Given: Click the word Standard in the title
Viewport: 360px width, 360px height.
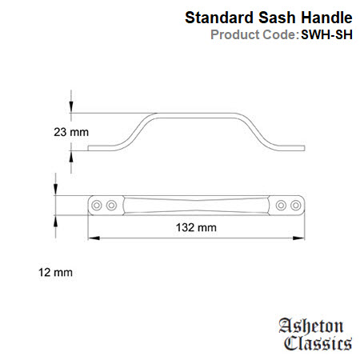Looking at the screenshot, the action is click(219, 18).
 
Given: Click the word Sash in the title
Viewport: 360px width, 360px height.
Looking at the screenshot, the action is click(277, 18).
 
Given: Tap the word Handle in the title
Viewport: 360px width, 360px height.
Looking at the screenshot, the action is click(326, 18).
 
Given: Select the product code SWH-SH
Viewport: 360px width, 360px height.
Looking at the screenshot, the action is click(326, 34).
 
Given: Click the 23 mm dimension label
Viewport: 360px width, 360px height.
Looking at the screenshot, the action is click(71, 132).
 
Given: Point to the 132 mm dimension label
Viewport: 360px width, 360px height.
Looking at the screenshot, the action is click(196, 227).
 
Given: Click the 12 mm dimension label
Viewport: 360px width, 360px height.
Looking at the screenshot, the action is click(55, 272).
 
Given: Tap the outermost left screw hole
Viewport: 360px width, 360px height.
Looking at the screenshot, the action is click(97, 206).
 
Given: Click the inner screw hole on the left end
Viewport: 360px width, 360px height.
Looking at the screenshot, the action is click(111, 206).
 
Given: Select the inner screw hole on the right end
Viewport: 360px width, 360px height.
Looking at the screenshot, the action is click(281, 206).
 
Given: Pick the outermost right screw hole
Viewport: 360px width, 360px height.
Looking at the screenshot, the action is click(296, 206).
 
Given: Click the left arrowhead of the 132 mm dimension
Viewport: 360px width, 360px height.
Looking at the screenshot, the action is click(94, 238).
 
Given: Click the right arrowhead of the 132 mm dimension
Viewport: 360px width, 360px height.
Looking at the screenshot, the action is click(298, 238).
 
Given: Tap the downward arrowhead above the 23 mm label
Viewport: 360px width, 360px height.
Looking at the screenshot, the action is click(71, 107).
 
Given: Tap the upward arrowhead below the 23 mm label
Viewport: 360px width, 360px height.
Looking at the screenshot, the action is click(71, 156).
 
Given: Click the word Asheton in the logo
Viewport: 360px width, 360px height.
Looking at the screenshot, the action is click(311, 326).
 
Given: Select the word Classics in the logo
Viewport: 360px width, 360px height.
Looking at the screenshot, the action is click(318, 343).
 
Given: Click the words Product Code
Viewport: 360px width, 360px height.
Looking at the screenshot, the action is click(254, 34).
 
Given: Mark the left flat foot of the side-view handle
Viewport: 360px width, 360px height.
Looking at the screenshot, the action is click(102, 148).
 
